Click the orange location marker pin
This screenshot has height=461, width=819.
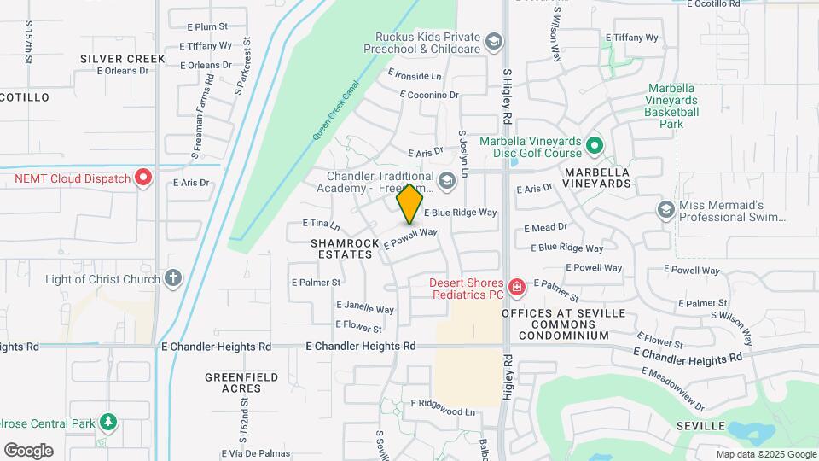(409, 203)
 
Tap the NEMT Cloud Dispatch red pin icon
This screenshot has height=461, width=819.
(143, 178)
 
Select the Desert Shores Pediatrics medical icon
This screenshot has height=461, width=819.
(515, 289)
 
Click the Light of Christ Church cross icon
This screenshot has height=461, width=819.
(173, 278)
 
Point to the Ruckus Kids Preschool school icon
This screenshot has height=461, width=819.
(493, 42)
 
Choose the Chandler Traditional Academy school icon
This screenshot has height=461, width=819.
(446, 180)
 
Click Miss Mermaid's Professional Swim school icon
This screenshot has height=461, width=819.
(666, 210)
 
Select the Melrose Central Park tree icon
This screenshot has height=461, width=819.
(107, 422)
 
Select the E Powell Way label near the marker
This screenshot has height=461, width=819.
(411, 238)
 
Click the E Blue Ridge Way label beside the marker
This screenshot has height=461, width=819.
(460, 213)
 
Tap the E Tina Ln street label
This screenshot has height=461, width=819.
(321, 224)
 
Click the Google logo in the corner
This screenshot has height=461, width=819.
(28, 451)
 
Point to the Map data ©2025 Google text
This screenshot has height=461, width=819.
(766, 454)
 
